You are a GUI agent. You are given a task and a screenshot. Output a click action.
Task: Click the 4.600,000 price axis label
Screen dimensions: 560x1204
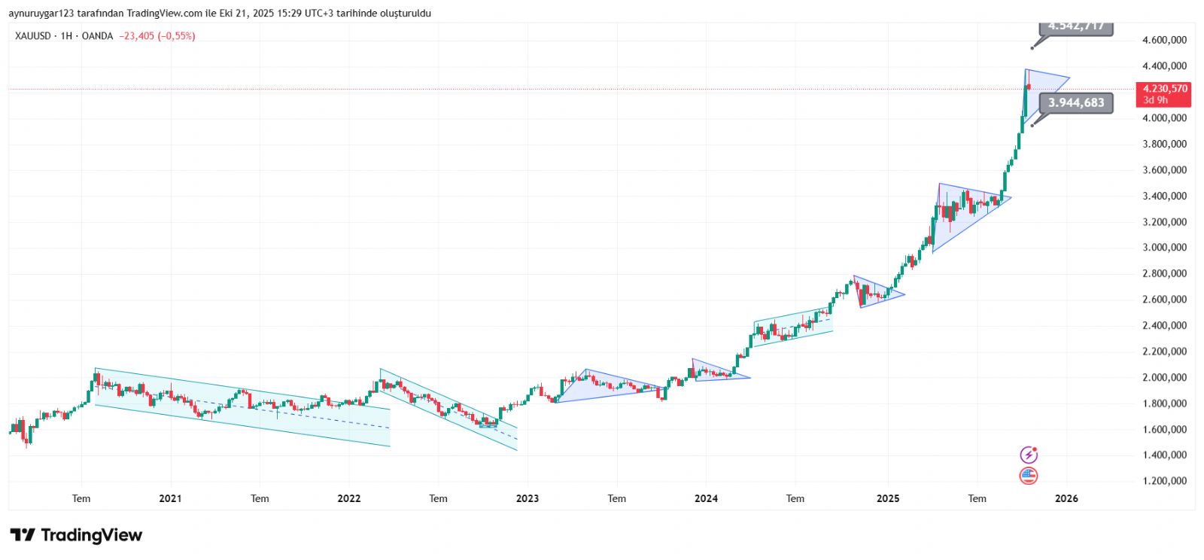(1164, 40)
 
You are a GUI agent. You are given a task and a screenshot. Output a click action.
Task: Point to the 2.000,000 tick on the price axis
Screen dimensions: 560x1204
(1164, 377)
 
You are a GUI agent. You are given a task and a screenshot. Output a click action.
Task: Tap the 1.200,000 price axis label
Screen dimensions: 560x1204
(1164, 481)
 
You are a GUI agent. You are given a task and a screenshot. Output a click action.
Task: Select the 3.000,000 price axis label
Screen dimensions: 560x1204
(1164, 248)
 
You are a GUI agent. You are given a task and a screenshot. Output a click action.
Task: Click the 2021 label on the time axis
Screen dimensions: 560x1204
(171, 498)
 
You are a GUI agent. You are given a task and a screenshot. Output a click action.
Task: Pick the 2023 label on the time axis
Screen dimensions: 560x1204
(528, 498)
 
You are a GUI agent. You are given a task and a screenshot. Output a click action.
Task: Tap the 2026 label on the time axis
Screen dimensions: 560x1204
(1066, 498)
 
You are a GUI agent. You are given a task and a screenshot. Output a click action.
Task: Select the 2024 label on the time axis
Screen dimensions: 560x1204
(706, 498)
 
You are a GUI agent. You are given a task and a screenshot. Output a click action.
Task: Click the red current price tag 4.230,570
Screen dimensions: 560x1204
(1165, 89)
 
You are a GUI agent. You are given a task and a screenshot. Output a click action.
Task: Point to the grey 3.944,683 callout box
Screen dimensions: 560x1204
(1076, 103)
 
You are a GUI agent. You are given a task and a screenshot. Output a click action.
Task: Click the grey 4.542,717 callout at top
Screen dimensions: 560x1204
(1076, 27)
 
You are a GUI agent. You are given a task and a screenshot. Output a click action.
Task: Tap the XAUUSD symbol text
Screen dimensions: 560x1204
(32, 36)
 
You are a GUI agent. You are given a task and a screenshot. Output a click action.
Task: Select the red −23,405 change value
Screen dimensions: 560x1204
(136, 36)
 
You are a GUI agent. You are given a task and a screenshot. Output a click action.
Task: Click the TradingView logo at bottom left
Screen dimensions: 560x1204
(76, 535)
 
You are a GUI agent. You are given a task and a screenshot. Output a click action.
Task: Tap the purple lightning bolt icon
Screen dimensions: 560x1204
(1029, 455)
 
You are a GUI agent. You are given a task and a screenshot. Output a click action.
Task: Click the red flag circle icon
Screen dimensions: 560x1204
(1029, 475)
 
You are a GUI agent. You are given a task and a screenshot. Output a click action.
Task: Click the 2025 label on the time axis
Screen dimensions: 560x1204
(888, 498)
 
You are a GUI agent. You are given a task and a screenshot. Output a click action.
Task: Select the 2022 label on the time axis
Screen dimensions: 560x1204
(349, 498)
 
